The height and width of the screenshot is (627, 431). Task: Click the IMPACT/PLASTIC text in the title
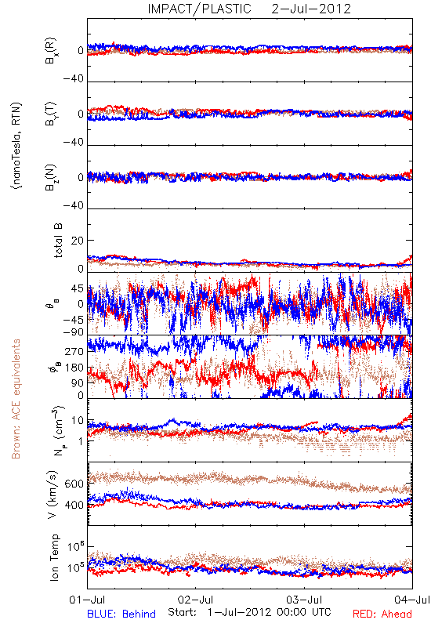pyautogui.click(x=199, y=9)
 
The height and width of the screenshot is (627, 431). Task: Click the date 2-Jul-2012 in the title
pyautogui.click(x=311, y=9)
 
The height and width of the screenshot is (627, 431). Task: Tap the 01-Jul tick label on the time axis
pyautogui.click(x=87, y=600)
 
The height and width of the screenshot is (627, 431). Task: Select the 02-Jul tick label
pyautogui.click(x=195, y=600)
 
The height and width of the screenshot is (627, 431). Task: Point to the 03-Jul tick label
pyautogui.click(x=304, y=600)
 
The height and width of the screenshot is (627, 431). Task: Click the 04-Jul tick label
pyautogui.click(x=412, y=600)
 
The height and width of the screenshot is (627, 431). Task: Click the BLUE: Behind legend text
pyautogui.click(x=121, y=614)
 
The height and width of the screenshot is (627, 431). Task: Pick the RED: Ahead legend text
pyautogui.click(x=382, y=614)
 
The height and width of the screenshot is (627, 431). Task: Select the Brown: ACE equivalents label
pyautogui.click(x=16, y=399)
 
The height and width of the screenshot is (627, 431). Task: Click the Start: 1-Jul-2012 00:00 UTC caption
pyautogui.click(x=249, y=612)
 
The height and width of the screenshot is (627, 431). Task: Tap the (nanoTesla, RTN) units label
pyautogui.click(x=16, y=146)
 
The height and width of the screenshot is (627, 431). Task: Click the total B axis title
pyautogui.click(x=58, y=241)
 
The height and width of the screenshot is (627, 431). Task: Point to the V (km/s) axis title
pyautogui.click(x=53, y=495)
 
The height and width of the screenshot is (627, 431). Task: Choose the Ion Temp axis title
pyautogui.click(x=54, y=557)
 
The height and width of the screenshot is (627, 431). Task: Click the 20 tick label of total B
pyautogui.click(x=78, y=241)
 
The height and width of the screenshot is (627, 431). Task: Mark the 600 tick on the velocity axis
pyautogui.click(x=74, y=484)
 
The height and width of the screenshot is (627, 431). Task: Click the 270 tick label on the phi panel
pyautogui.click(x=74, y=351)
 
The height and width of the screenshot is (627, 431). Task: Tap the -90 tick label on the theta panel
pyautogui.click(x=74, y=332)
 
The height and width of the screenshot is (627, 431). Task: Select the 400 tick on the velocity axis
pyautogui.click(x=74, y=505)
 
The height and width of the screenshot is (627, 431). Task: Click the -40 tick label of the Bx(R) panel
pyautogui.click(x=74, y=78)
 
